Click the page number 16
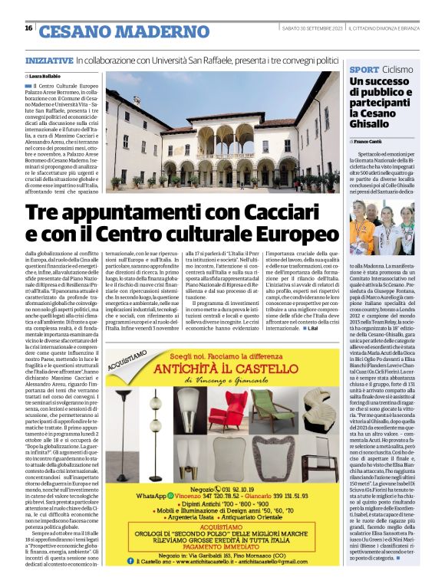(28, 28)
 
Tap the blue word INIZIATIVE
(49, 59)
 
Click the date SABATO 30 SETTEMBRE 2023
(310, 28)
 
